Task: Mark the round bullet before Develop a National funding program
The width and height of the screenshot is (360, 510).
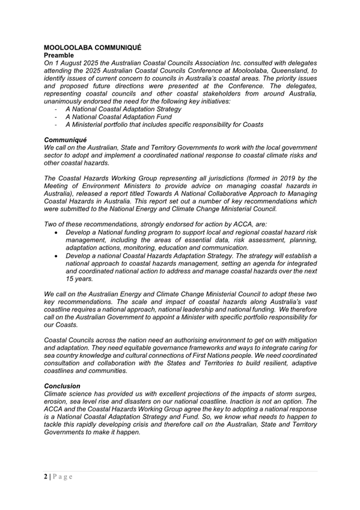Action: (x=56, y=232)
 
